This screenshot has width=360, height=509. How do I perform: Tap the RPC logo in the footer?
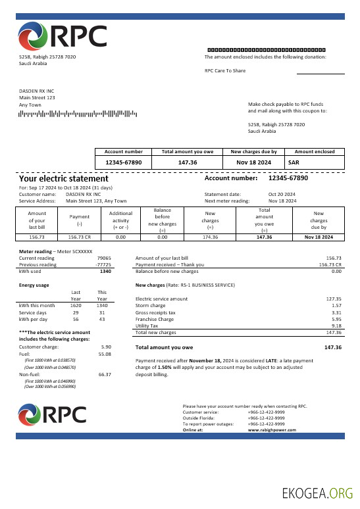click(x=53, y=414)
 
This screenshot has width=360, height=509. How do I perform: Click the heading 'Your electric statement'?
click(x=64, y=178)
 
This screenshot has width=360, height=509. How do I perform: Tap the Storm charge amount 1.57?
click(x=337, y=306)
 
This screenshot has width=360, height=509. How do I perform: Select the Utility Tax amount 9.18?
click(x=336, y=326)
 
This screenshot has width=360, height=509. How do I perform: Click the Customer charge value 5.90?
click(x=106, y=347)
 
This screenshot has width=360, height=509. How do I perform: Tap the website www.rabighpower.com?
click(x=272, y=429)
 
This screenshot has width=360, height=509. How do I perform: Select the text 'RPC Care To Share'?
click(x=225, y=70)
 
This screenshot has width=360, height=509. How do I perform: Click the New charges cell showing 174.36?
click(x=210, y=237)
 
